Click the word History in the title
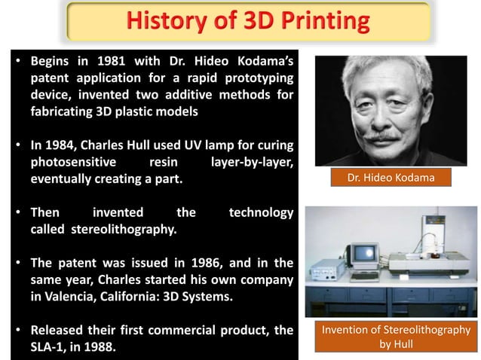[167, 21]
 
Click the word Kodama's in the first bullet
[260, 59]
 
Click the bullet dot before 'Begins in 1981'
[19, 60]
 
